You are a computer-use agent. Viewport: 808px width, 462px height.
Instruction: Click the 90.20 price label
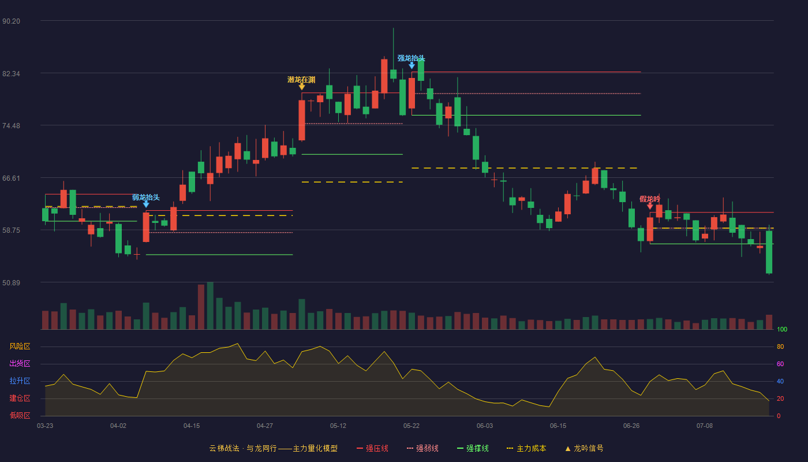11,21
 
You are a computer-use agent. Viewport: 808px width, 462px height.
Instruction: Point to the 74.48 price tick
11,126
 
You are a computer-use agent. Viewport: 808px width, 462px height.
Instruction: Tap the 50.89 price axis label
11,282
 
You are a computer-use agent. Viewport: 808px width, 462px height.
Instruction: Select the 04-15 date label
192,426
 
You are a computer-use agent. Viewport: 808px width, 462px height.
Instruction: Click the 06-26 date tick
631,426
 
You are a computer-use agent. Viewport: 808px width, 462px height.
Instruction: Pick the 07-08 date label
705,426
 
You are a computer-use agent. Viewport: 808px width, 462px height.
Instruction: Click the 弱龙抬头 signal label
145,197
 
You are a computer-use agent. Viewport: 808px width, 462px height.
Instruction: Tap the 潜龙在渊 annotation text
301,80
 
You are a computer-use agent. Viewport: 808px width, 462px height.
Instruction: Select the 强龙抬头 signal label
411,58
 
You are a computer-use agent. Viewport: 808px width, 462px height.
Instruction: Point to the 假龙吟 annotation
650,199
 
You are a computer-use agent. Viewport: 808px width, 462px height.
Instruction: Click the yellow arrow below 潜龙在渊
302,87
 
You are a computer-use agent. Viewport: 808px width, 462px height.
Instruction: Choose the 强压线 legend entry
372,448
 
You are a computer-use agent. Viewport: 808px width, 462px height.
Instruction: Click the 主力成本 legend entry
526,448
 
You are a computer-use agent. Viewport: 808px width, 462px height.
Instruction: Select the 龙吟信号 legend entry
584,448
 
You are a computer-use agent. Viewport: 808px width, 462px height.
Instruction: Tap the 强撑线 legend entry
473,448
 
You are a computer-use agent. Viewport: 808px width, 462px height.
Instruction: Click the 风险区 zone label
20,346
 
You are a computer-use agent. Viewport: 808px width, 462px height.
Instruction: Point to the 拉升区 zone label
20,381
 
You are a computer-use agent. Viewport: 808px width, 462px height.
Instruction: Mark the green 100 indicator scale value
782,329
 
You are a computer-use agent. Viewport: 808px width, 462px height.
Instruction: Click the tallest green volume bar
210,305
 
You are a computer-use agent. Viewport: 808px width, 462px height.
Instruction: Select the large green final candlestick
769,252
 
